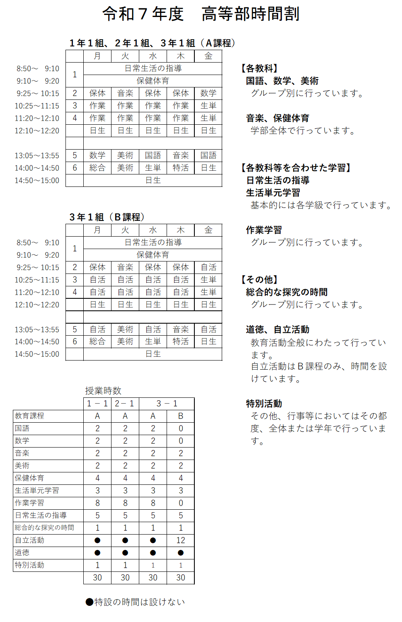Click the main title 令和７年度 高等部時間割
point(201,14)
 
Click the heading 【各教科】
point(259,68)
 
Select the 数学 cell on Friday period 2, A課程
point(208,93)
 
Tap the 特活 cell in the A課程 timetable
point(181,168)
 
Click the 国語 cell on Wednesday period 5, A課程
point(153,155)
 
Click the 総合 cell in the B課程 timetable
point(97,341)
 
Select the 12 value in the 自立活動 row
point(181,540)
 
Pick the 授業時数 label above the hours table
point(103,391)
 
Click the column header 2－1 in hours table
point(125,404)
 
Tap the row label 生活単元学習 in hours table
point(37,491)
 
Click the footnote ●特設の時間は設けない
point(135,602)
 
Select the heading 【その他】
point(259,280)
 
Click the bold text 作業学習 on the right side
point(264,230)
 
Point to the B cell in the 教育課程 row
point(181,416)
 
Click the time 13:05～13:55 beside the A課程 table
point(37,155)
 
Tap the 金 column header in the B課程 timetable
point(208,230)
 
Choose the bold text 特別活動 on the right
point(264,404)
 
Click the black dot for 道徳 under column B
point(181,553)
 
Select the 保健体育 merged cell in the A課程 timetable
point(153,81)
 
